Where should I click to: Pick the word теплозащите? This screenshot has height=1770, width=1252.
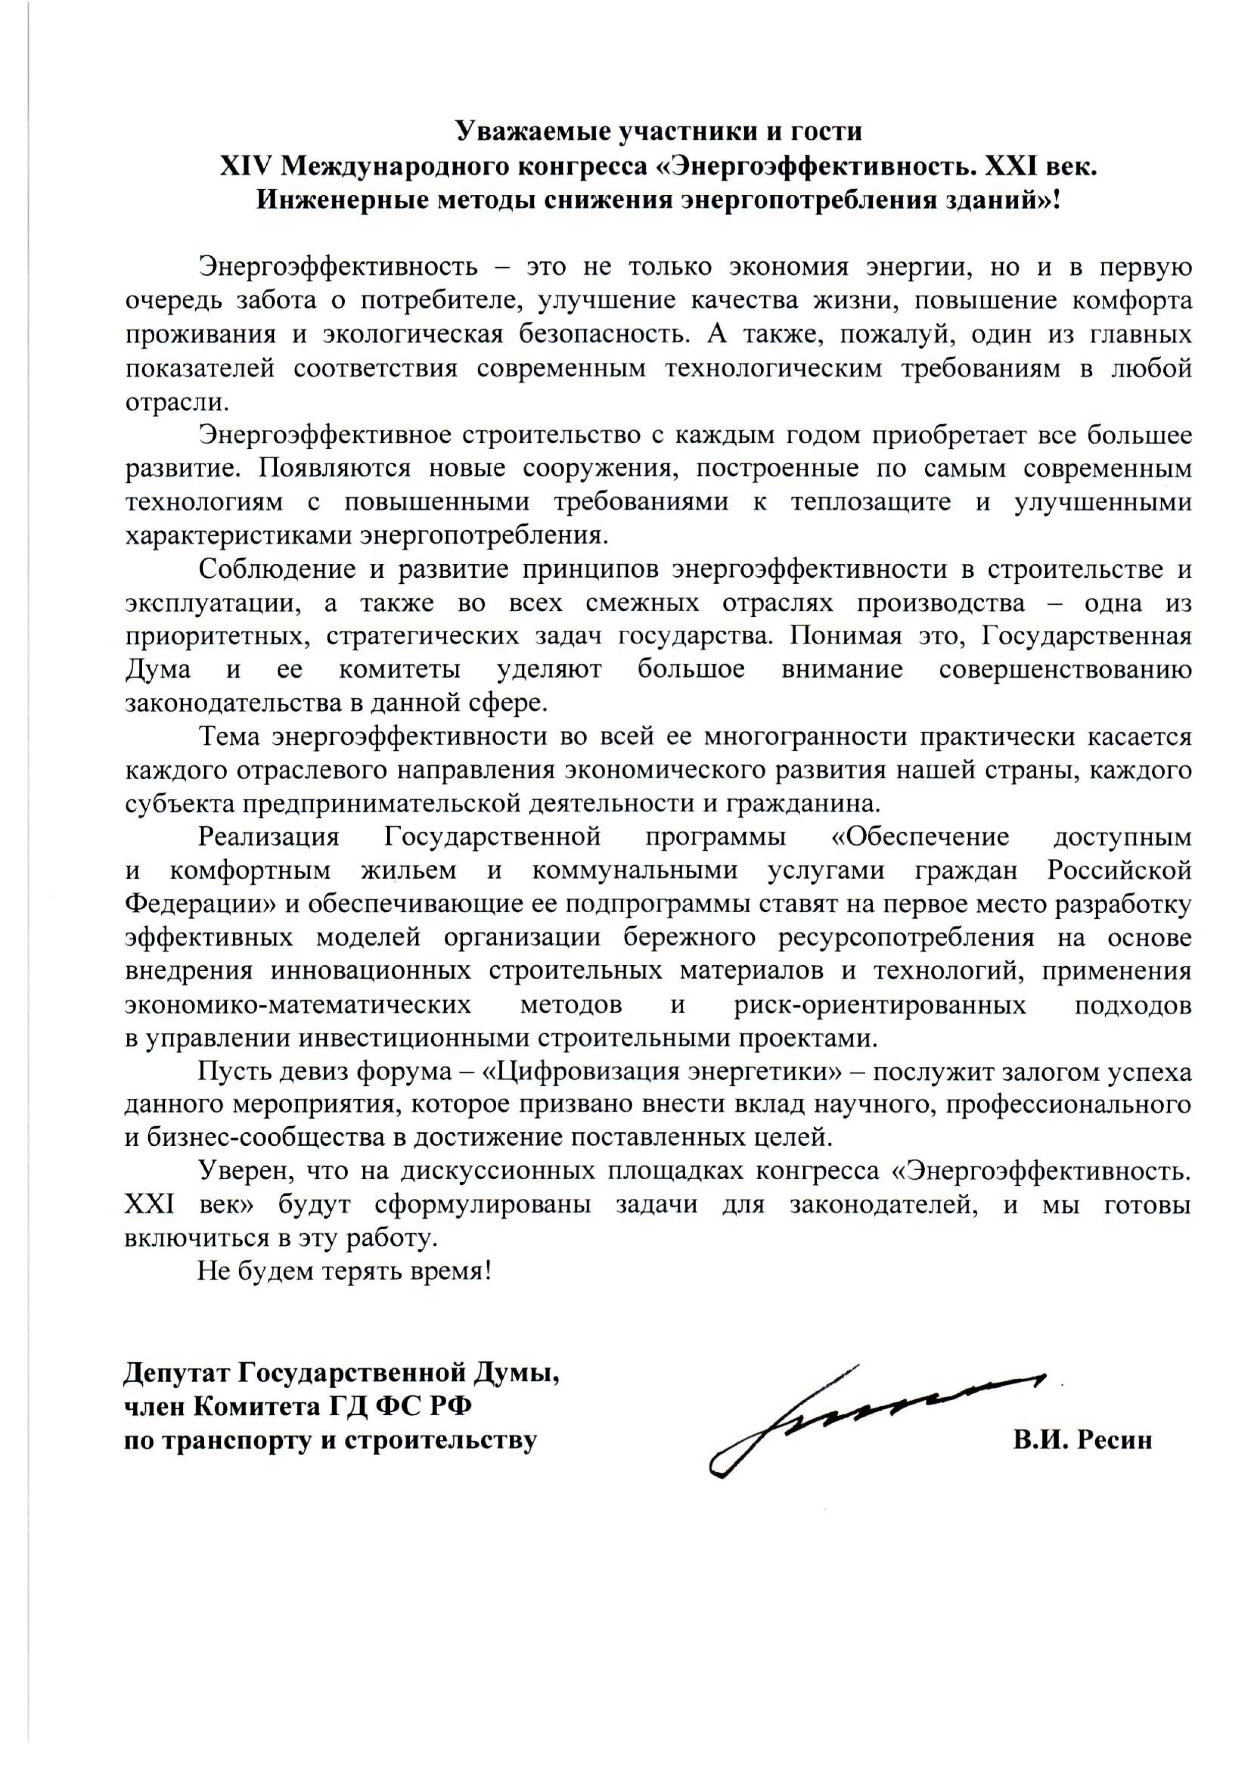click(x=868, y=502)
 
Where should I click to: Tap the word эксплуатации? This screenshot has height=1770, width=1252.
click(x=211, y=603)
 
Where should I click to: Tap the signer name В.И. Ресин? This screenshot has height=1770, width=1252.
click(x=1083, y=1440)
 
